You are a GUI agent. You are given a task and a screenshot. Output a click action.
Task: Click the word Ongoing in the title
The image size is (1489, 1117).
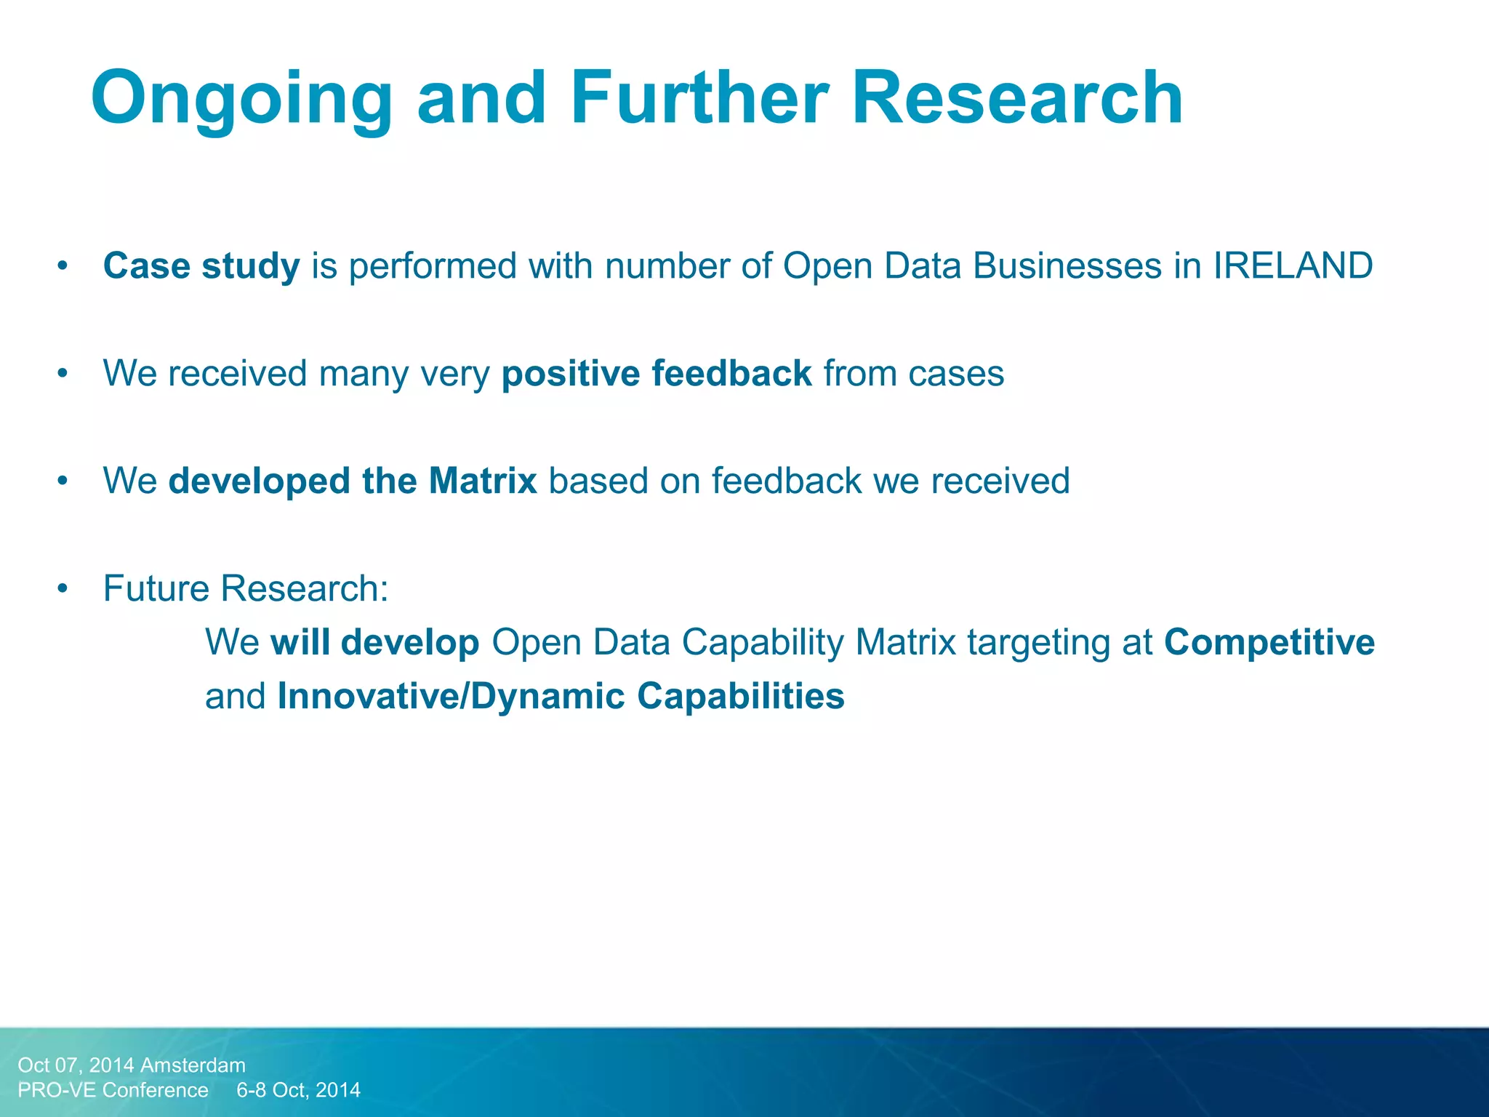tap(241, 98)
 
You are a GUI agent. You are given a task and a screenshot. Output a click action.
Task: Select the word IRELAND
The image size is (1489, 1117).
tap(1293, 265)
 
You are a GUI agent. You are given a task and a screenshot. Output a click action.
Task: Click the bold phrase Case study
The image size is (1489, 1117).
tap(201, 265)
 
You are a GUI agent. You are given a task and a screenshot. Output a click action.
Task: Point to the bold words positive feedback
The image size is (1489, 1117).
tap(657, 373)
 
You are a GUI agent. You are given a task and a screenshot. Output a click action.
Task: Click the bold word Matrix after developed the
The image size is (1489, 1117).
tap(483, 481)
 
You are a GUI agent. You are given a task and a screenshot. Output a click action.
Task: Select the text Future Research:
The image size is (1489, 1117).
tap(246, 588)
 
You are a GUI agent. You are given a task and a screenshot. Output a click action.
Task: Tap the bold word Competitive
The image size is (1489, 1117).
tap(1269, 642)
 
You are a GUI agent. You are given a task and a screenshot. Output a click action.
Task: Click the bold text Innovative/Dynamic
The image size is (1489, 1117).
tap(451, 696)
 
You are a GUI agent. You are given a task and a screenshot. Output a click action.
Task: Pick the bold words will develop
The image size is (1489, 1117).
tap(375, 642)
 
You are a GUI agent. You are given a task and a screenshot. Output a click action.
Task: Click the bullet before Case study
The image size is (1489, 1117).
tap(63, 266)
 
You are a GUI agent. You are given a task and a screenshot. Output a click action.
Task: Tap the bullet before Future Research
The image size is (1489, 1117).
tap(63, 589)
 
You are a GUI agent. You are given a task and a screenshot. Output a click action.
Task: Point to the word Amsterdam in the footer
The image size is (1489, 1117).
tap(193, 1065)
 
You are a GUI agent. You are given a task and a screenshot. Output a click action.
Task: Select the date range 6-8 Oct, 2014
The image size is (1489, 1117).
tap(299, 1090)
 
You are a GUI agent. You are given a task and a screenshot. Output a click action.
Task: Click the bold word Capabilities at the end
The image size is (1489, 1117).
tap(741, 696)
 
